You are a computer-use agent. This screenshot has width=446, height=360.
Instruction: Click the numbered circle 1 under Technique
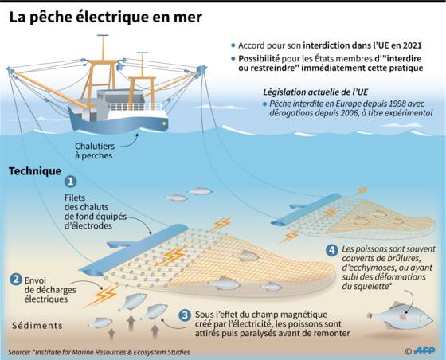[71, 182]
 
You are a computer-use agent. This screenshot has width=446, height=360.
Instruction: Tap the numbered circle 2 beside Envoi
[16, 280]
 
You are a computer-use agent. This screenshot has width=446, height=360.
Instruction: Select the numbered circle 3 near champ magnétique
[185, 315]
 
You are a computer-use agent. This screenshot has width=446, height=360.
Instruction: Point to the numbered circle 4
[332, 250]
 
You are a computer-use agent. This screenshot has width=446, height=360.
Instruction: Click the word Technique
[35, 171]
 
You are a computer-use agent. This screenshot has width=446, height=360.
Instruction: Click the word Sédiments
[37, 325]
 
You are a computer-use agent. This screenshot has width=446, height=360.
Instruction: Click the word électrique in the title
[112, 17]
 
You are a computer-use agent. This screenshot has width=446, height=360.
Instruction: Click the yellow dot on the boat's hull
[164, 123]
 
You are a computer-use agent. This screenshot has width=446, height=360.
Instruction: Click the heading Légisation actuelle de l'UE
[315, 92]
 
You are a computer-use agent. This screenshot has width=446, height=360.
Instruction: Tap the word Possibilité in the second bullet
[259, 59]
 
